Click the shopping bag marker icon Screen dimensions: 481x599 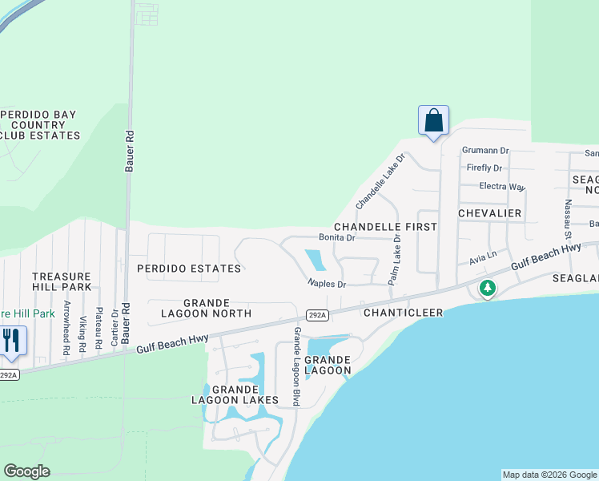pos(433,121)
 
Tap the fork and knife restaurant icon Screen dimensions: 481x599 pos(11,340)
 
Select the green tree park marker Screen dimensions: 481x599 pos(487,288)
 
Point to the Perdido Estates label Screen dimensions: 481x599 pos(188,269)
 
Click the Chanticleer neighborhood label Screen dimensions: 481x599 pos(403,312)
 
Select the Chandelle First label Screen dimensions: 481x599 pos(385,227)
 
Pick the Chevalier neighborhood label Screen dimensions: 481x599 pos(489,213)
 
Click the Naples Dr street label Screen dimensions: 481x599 pos(327,284)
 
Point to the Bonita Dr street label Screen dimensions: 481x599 pos(336,238)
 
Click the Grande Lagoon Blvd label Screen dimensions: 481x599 pos(296,366)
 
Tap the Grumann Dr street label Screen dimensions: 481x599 pos(485,150)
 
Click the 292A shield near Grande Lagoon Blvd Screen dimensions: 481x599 pos(317,315)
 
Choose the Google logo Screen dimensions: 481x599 pos(26,471)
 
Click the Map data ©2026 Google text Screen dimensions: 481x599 pos(549,475)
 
